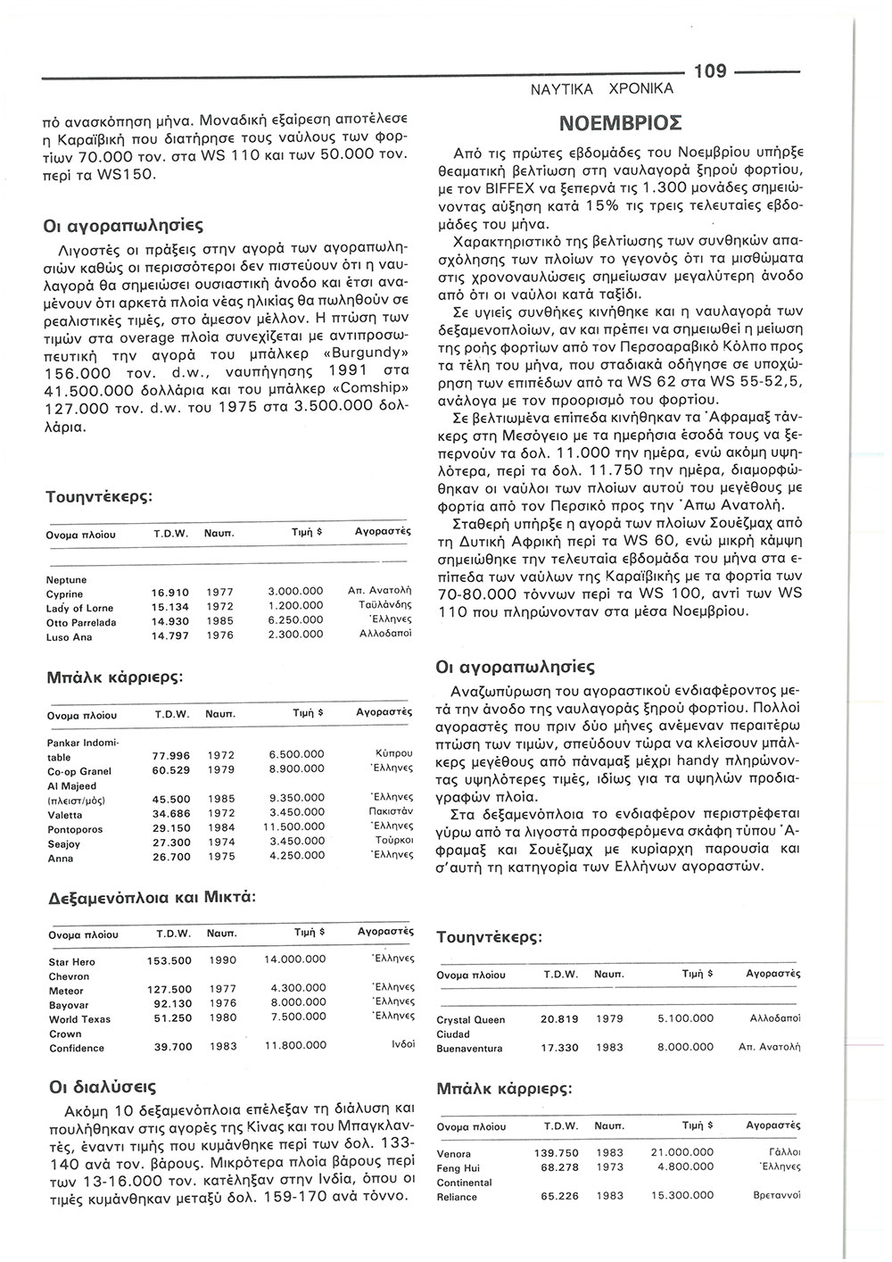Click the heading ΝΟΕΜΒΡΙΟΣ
(x=621, y=120)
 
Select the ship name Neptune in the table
(x=66, y=579)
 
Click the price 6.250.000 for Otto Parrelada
(x=295, y=622)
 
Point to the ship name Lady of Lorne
(x=79, y=608)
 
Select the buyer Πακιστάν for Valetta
(x=390, y=813)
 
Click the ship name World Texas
(x=79, y=1018)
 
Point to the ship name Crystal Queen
(x=471, y=1018)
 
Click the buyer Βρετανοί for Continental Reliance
(x=778, y=1196)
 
